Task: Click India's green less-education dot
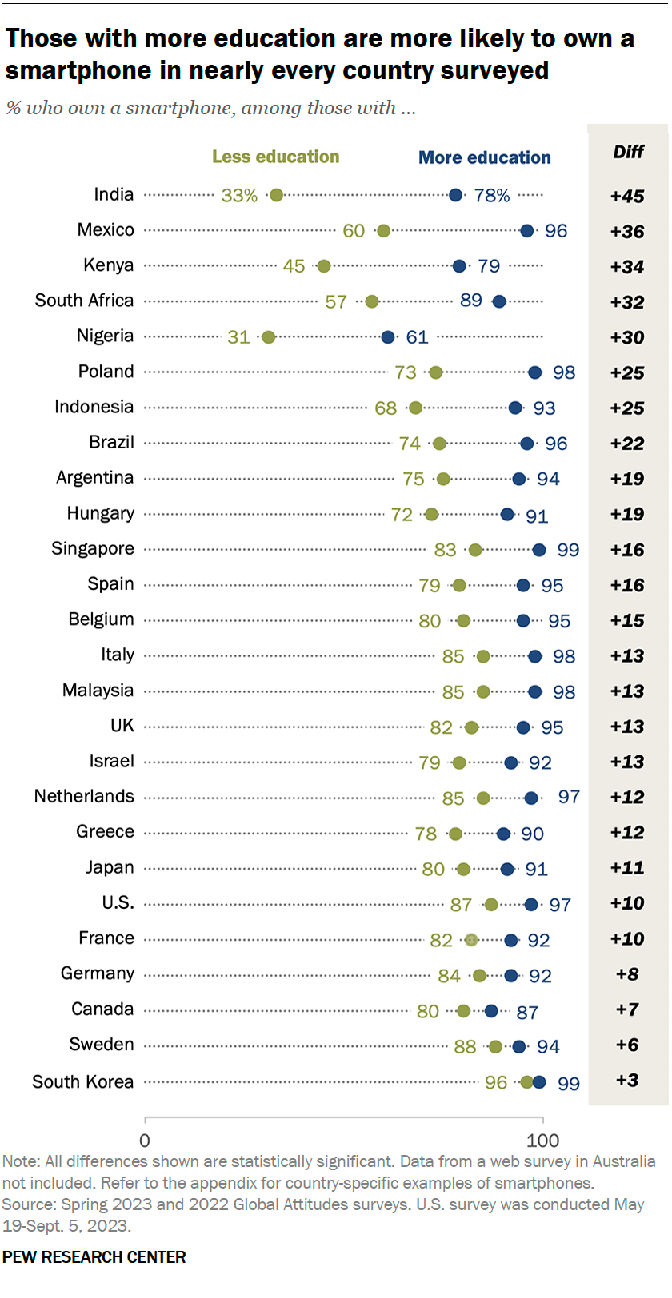pos(277,195)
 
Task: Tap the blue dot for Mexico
pos(526,231)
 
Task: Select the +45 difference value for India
pos(627,197)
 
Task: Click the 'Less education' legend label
pos(275,157)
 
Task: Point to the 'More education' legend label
pos(485,157)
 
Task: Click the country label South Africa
pos(84,301)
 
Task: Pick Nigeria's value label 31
pos(238,337)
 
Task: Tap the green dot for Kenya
pos(324,266)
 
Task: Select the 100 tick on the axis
pos(543,1140)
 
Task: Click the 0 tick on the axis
pos(145,1140)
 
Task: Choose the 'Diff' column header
pos(628,152)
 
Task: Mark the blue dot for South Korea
pos(539,1082)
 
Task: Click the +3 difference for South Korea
pos(627,1081)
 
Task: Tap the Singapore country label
pos(93,549)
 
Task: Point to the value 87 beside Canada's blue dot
pos(527,1013)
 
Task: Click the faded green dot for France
pos(471,940)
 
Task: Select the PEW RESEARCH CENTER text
pos(94,1257)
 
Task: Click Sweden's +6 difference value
pos(627,1045)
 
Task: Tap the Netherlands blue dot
pos(531,798)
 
